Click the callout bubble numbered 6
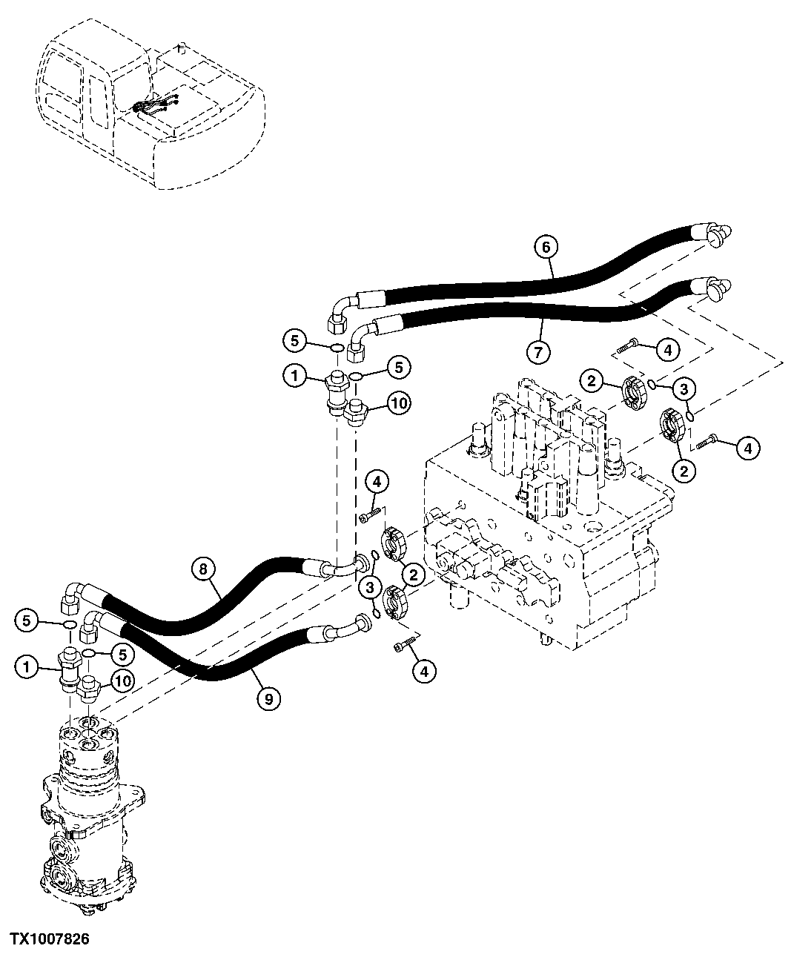click(x=546, y=246)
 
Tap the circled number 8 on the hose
click(x=204, y=569)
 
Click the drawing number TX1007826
click(x=50, y=939)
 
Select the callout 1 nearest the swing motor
click(x=26, y=666)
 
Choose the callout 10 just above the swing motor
click(x=122, y=680)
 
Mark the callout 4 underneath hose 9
click(x=423, y=672)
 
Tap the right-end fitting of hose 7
click(x=713, y=288)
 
